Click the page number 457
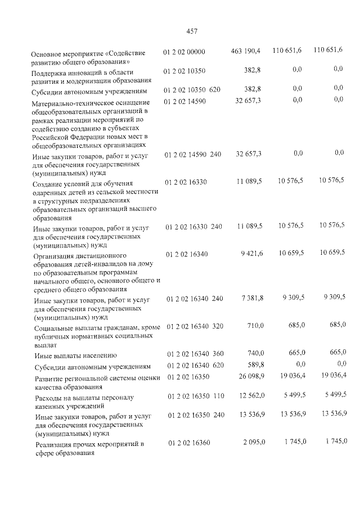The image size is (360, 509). [191, 31]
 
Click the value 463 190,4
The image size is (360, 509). [246, 51]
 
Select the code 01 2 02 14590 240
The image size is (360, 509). [193, 154]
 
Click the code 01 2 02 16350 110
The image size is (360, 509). [195, 397]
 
